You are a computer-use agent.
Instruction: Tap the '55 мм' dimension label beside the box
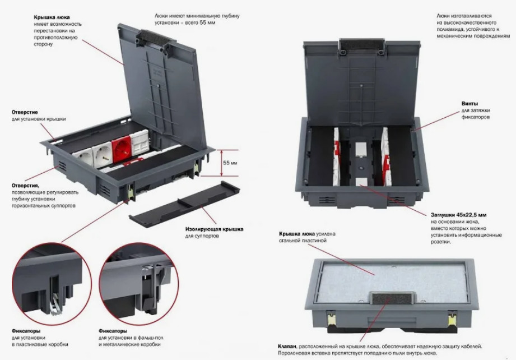[x=230, y=163]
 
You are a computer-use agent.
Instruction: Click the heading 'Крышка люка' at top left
[x=52, y=17]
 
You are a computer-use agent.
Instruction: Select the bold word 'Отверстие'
[x=25, y=112]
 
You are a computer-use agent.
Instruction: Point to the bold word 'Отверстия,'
[x=25, y=186]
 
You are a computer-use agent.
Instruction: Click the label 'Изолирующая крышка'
[x=214, y=229]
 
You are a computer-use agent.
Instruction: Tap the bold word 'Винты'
[x=469, y=103]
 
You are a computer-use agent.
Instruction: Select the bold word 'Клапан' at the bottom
[x=287, y=347]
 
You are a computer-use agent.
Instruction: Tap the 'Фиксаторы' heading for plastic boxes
[x=26, y=331]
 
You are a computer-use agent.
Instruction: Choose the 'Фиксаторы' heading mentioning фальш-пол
[x=113, y=331]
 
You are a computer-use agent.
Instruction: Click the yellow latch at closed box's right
[x=453, y=319]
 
